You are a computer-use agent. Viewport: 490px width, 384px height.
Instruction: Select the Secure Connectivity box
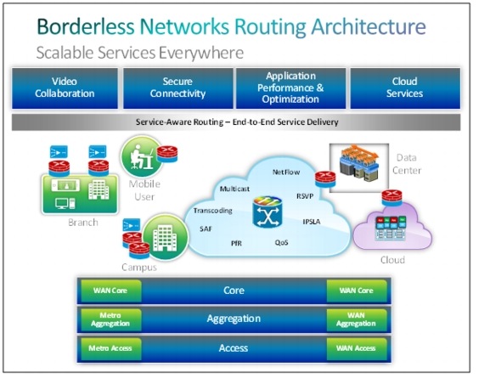pos(179,88)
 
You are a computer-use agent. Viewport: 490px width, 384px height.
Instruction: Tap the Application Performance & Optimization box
pos(290,88)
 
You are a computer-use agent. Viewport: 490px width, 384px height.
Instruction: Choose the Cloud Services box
pos(404,88)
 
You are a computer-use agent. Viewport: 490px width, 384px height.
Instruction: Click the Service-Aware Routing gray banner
pos(237,122)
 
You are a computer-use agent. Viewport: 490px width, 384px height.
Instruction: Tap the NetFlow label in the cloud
pos(287,172)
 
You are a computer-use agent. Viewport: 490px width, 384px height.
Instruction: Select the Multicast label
pos(234,188)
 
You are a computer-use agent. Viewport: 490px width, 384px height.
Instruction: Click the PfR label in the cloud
pos(237,242)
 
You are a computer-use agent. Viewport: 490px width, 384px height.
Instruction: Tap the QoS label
pos(281,241)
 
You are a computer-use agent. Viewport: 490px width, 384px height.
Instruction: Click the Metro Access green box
pos(104,347)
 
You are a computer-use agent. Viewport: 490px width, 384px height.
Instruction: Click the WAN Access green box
pos(356,347)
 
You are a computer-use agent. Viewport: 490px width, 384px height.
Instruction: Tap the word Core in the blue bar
pos(234,291)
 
